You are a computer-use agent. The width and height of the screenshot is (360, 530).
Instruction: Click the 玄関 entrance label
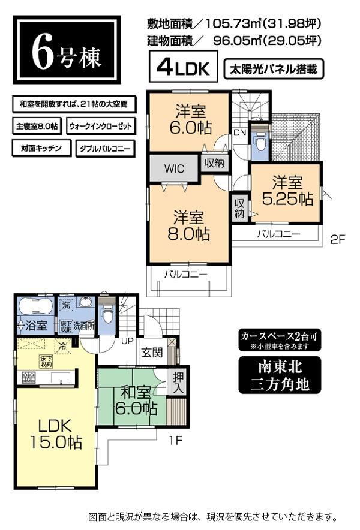pyautogui.click(x=151, y=352)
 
